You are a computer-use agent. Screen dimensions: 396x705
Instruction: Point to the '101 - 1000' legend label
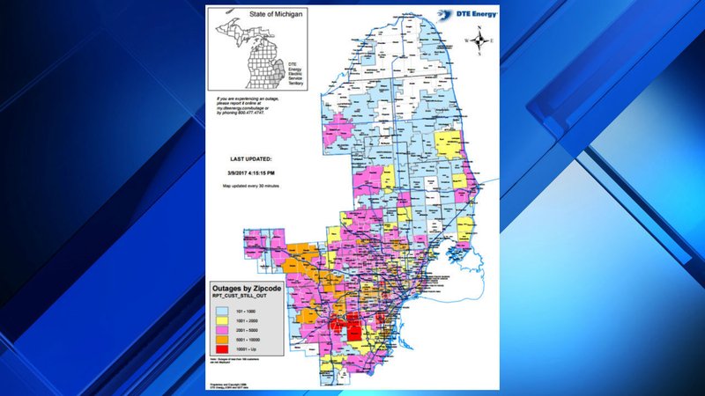coord(249,312)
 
